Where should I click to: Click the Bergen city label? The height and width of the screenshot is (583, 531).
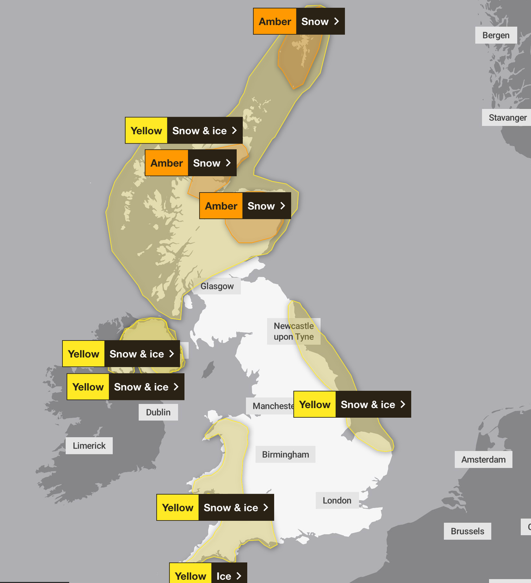[x=496, y=35]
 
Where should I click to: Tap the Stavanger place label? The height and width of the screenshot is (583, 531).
[x=507, y=118]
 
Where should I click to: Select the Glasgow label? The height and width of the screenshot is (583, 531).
[x=217, y=286]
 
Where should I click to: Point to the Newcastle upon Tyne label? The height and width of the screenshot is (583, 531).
[x=294, y=331]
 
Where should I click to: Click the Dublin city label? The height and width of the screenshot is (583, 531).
[x=158, y=412]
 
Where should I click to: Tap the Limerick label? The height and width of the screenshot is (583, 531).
[x=89, y=446]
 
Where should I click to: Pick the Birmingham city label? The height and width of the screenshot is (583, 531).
[x=285, y=455]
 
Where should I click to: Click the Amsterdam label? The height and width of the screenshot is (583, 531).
[x=483, y=459]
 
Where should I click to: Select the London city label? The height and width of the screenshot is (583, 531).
[x=337, y=501]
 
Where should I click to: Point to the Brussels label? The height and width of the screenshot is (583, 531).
[x=467, y=531]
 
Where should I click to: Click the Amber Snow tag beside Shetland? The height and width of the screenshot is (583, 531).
[x=299, y=22]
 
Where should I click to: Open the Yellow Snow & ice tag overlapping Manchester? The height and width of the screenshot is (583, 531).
[x=352, y=404]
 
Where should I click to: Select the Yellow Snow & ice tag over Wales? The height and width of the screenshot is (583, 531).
[x=215, y=508]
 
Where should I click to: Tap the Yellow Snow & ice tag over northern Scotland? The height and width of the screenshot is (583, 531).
[x=184, y=131]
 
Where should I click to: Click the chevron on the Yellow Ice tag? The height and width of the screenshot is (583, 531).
[x=238, y=576]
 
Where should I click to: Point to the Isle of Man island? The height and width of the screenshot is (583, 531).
[x=208, y=370]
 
